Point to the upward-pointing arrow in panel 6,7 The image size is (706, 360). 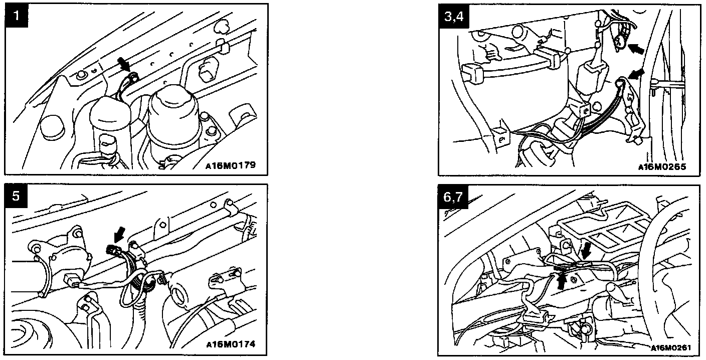pos(561,281)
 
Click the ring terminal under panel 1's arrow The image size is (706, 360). pos(133,77)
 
